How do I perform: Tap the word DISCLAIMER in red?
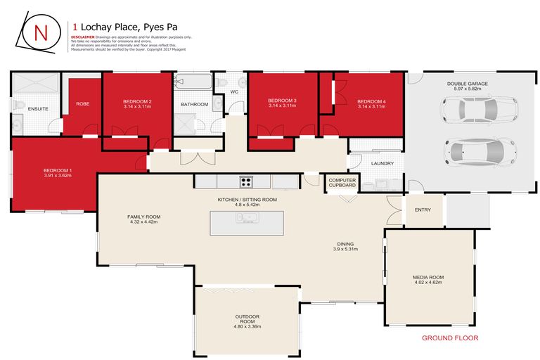click(82, 37)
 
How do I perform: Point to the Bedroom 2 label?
click(137, 101)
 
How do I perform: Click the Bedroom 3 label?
click(282, 101)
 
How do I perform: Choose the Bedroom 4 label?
click(371, 101)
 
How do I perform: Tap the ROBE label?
click(82, 105)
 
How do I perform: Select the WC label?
click(233, 91)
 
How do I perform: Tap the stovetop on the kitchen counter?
click(245, 181)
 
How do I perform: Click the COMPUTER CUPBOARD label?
click(342, 183)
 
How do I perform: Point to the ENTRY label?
click(423, 210)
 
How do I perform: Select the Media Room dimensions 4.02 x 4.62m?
click(428, 283)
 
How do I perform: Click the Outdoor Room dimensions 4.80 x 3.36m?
click(247, 326)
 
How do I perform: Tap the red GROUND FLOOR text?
click(450, 338)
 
